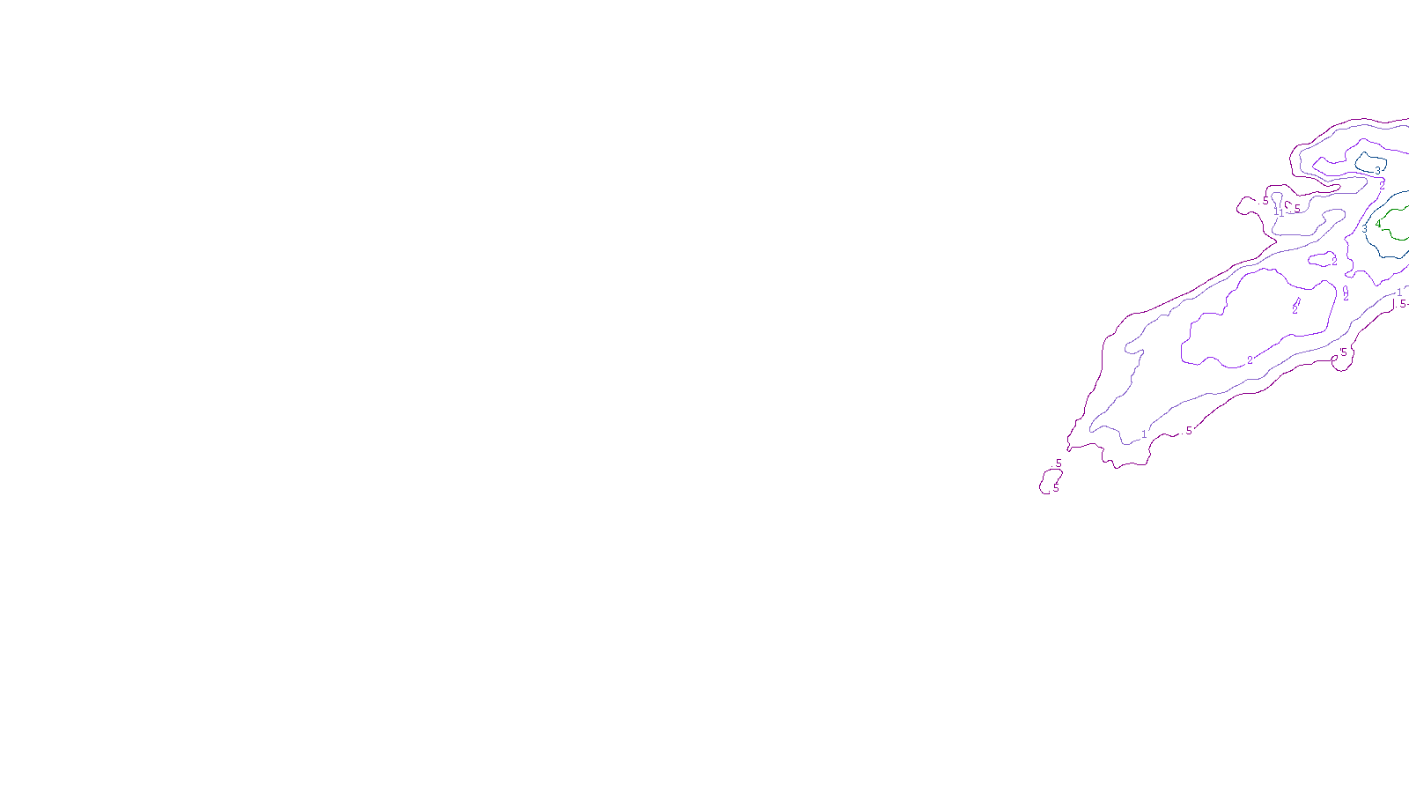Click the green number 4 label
[x=1378, y=224]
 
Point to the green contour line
[x=1391, y=236]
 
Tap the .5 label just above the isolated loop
[x=1058, y=463]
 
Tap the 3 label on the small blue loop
[x=1377, y=171]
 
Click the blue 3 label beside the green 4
[x=1365, y=229]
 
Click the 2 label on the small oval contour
[x=1334, y=261]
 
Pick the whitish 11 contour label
[x=1279, y=211]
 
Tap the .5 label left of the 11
[x=1265, y=202]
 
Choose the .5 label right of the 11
[x=1296, y=209]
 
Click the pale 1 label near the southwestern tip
[x=1144, y=434]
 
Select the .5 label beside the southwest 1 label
[x=1188, y=431]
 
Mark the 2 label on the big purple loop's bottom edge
[x=1250, y=360]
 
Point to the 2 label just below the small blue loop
[x=1382, y=186]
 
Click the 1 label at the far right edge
[x=1399, y=293]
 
